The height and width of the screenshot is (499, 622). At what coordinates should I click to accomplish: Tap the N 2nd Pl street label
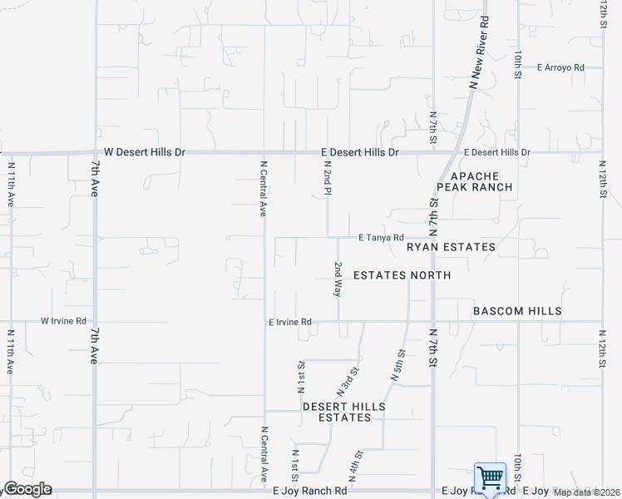pos(328,179)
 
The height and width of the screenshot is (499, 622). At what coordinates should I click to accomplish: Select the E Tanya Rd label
pos(381,238)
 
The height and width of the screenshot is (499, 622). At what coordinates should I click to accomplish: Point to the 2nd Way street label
pos(338,279)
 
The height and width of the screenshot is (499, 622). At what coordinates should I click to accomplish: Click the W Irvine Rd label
pos(64,321)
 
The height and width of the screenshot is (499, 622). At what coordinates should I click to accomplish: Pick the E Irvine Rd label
pos(289,322)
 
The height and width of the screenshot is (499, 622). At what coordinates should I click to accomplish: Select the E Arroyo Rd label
pos(560,67)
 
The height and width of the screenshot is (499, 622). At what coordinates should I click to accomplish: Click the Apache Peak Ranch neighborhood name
pos(481,182)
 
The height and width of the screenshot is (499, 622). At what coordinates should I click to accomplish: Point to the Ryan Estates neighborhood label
pos(451,247)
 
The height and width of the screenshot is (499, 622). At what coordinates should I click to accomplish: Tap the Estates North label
pos(402,275)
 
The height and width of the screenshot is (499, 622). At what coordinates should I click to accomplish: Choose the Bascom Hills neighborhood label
pos(517,311)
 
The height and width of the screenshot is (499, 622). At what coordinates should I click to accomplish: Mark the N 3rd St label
pos(348,382)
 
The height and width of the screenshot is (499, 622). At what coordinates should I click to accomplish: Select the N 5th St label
pos(398,366)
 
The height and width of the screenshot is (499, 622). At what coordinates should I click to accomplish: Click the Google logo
pos(27,489)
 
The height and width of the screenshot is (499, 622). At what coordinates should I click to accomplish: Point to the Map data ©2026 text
pos(587,492)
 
